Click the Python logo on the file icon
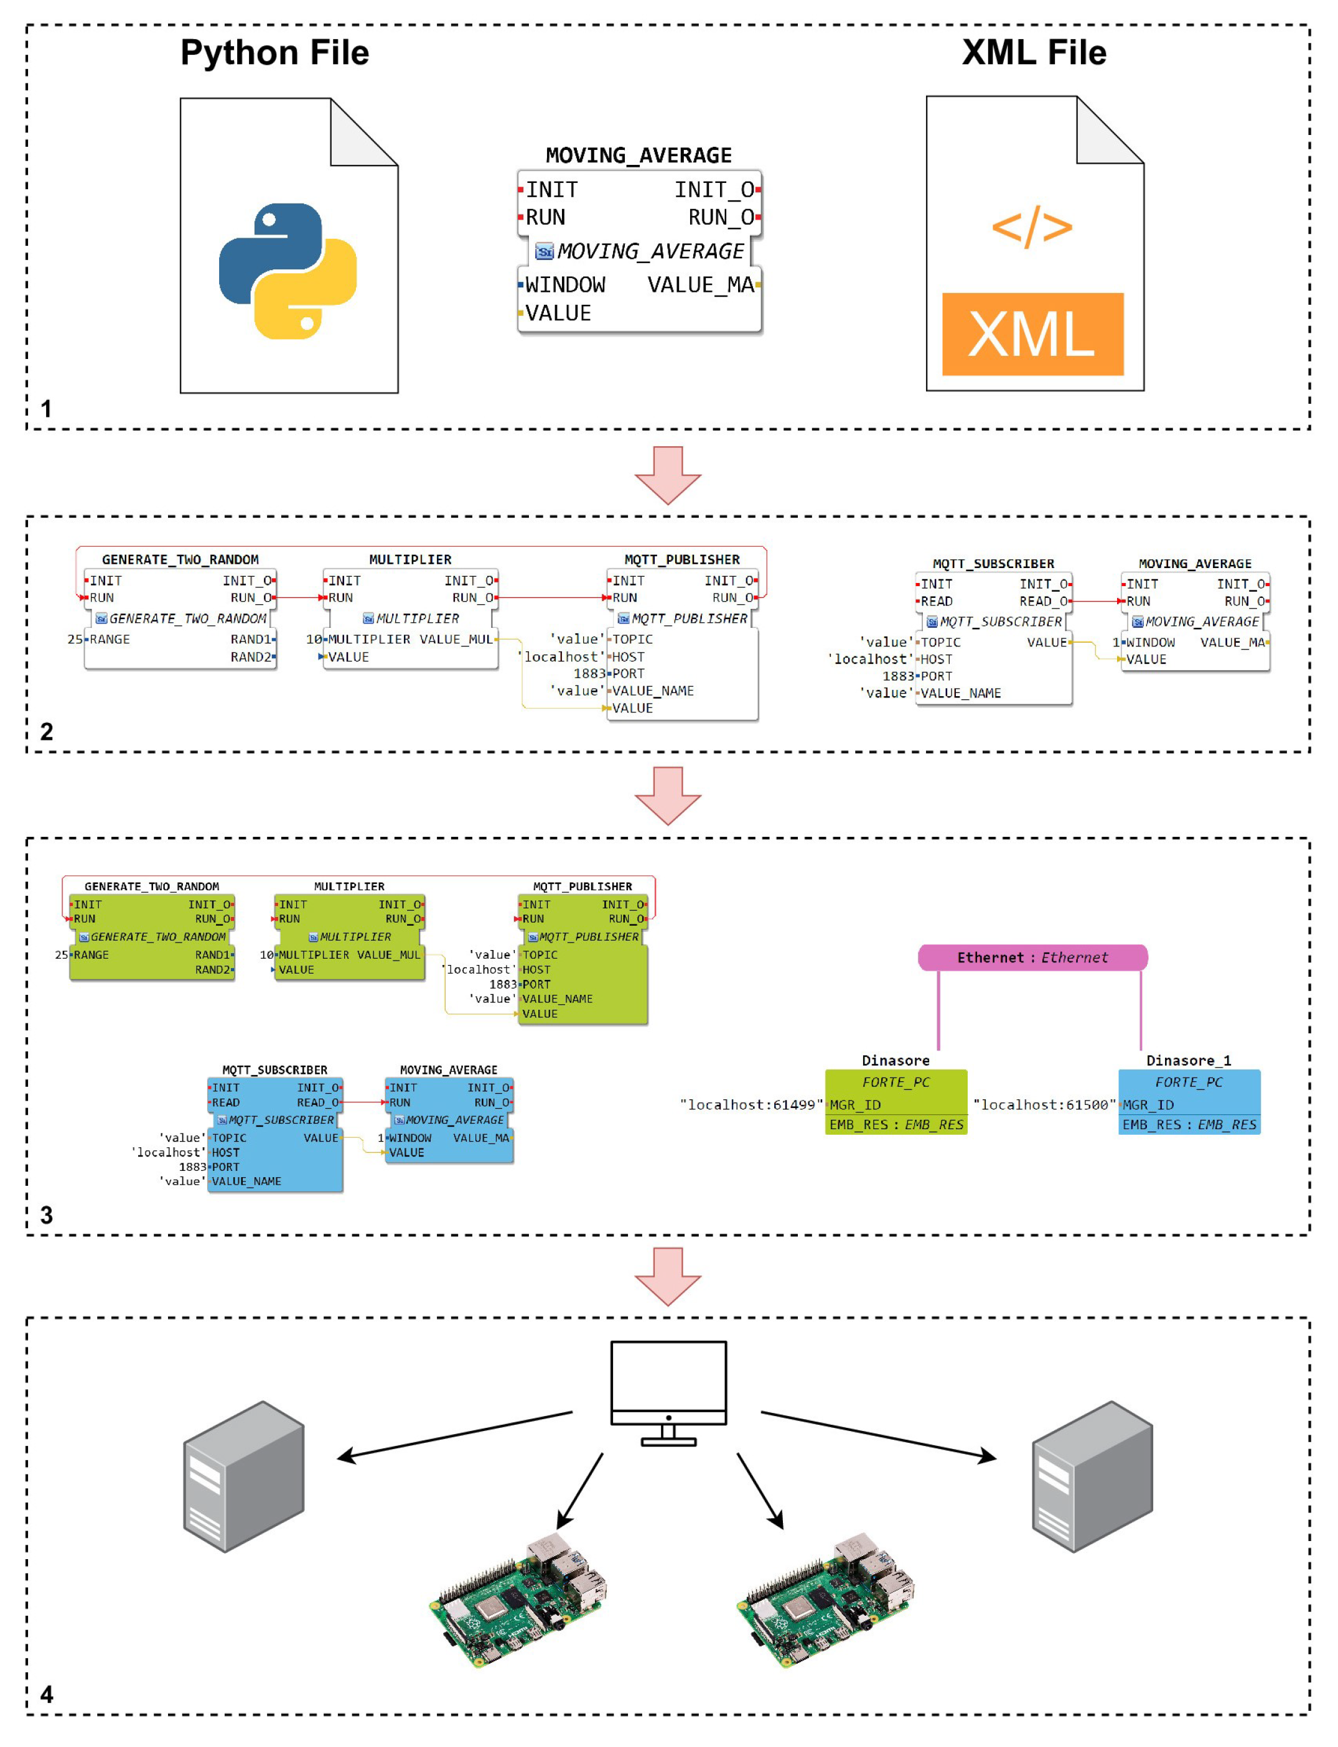288,271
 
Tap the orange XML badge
1032,333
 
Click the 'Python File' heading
275,52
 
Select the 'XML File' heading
1034,52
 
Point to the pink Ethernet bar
1033,957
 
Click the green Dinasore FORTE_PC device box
896,1102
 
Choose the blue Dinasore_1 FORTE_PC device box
1189,1102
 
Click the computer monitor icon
668,1392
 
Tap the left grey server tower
244,1476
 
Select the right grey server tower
1092,1476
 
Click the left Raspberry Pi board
518,1599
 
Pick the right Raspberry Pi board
825,1599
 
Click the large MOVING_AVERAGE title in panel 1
639,156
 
